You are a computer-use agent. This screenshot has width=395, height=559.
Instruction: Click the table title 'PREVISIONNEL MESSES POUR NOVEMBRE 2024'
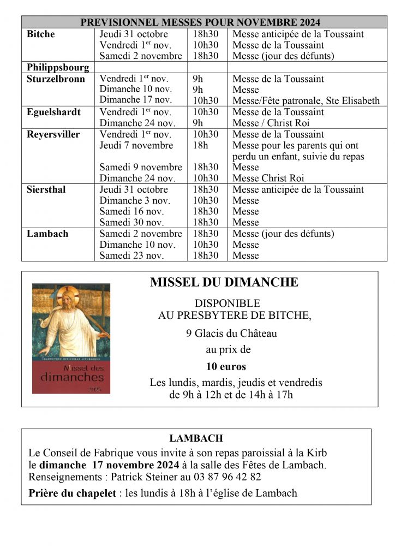pos(200,22)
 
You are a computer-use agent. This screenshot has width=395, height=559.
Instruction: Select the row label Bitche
pos(41,34)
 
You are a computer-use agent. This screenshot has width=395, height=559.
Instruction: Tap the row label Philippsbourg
pos(57,67)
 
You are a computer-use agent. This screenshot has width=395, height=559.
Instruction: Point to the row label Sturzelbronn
pos(56,79)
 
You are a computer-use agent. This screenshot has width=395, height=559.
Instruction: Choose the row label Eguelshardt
pos(53,112)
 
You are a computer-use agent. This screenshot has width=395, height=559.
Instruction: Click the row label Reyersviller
pos(53,134)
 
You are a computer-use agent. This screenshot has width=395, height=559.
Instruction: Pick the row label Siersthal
pos(46,189)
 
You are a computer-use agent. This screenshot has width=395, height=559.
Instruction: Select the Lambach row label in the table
pos(47,234)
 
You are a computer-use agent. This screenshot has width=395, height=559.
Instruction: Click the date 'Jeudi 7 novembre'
pos(136,145)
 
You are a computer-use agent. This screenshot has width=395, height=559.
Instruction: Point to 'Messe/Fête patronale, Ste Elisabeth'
pos(306,100)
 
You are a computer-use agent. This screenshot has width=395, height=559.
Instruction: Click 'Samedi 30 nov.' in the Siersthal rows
pos(132,222)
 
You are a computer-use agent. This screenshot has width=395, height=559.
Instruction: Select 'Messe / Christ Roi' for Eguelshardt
pos(271,123)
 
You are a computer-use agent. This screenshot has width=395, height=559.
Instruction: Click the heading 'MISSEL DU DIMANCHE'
pos(224,282)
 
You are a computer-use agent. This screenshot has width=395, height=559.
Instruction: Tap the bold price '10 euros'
pos(226,366)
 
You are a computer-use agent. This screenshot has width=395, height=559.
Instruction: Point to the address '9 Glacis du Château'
pos(231,333)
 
